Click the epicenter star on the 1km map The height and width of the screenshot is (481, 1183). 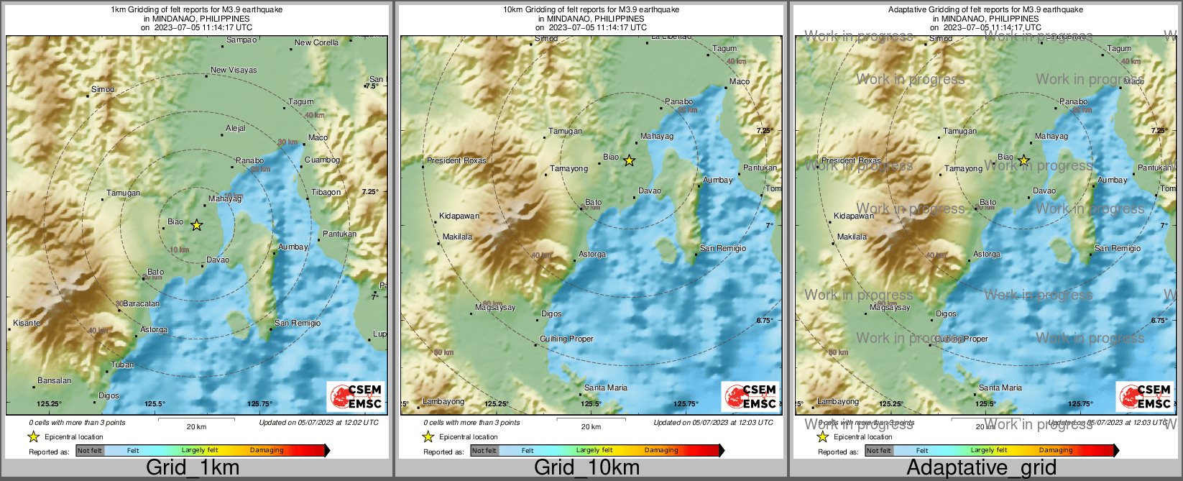pyautogui.click(x=196, y=225)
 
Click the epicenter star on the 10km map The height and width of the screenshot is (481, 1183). pyautogui.click(x=629, y=160)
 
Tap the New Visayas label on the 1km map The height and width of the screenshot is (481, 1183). pyautogui.click(x=233, y=70)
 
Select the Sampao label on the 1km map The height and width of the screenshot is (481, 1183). pyautogui.click(x=241, y=40)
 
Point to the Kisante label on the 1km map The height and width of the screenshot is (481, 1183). pyautogui.click(x=27, y=323)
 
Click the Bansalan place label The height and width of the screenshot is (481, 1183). pyautogui.click(x=55, y=380)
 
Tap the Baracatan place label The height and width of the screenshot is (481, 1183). pyautogui.click(x=141, y=303)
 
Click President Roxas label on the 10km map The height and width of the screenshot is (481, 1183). pyautogui.click(x=456, y=160)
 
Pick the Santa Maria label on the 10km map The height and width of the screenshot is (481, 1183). pyautogui.click(x=605, y=388)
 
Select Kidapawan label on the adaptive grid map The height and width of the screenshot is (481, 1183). pyautogui.click(x=853, y=216)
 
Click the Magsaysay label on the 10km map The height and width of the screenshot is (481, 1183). pyautogui.click(x=495, y=307)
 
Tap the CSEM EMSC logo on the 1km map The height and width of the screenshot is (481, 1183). pyautogui.click(x=356, y=396)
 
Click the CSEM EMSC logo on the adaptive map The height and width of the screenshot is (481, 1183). pyautogui.click(x=1145, y=396)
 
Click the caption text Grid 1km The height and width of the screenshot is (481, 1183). pyautogui.click(x=193, y=467)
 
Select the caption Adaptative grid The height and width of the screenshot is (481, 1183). pyautogui.click(x=981, y=467)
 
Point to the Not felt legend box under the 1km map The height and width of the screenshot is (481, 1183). pyautogui.click(x=90, y=451)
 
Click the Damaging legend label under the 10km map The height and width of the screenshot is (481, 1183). pyautogui.click(x=661, y=451)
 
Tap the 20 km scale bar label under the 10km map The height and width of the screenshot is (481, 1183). pyautogui.click(x=591, y=426)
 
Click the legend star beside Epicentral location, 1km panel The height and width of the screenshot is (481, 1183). pyautogui.click(x=33, y=437)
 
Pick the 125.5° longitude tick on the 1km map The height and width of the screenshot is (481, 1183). pyautogui.click(x=155, y=404)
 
